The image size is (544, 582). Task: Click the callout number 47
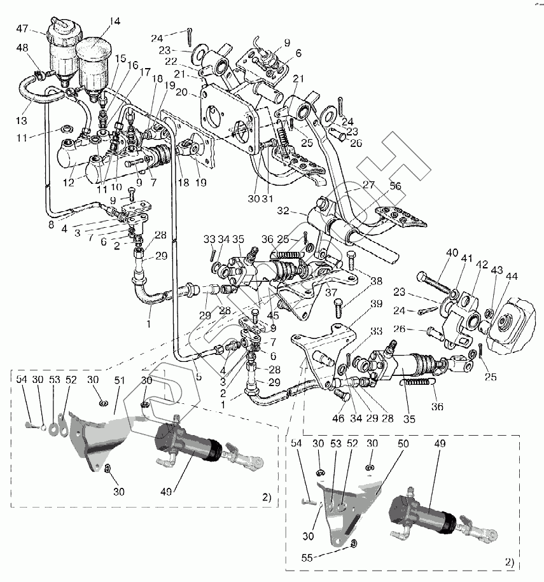click(x=22, y=28)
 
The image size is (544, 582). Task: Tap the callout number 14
click(x=115, y=22)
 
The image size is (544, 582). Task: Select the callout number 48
click(x=22, y=48)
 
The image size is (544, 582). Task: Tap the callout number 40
click(x=452, y=253)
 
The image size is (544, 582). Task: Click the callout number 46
click(x=337, y=419)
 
